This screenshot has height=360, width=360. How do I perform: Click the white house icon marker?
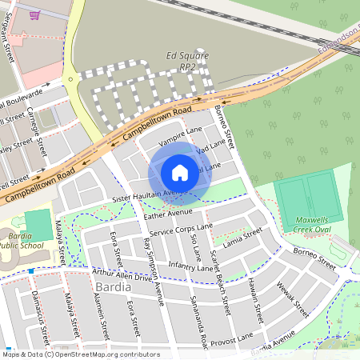(x=180, y=172)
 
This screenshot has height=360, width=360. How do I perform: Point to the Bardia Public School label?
(x=18, y=241)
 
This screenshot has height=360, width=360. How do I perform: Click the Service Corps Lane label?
(x=181, y=232)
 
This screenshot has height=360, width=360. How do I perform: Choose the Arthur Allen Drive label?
(x=122, y=275)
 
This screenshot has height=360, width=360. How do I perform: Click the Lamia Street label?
(x=243, y=237)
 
